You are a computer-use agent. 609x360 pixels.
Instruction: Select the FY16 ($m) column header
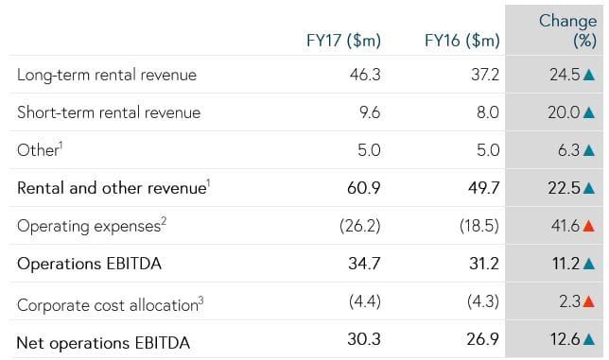(x=462, y=41)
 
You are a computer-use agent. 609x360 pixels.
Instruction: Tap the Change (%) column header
(x=567, y=30)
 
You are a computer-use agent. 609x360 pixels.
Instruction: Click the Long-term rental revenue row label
(x=107, y=75)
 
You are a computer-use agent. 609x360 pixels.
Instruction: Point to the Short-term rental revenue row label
(x=109, y=112)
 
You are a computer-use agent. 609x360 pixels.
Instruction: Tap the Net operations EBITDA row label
(x=103, y=341)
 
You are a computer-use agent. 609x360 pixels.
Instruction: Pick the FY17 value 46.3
(x=365, y=75)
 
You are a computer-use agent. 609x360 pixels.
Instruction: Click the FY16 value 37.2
(x=485, y=75)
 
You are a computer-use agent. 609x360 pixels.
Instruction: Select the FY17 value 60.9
(x=364, y=188)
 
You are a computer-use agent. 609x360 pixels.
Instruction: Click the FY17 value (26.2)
(x=361, y=226)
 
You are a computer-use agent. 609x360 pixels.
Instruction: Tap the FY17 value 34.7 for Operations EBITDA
(x=365, y=264)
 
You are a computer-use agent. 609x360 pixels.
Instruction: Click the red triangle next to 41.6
(x=589, y=226)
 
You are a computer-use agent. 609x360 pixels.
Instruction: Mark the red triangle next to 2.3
(x=589, y=302)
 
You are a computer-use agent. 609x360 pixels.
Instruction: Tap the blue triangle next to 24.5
(x=589, y=75)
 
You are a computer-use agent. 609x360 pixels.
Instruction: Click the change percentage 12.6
(x=565, y=340)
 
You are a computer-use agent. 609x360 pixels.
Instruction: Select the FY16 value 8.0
(x=488, y=112)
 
